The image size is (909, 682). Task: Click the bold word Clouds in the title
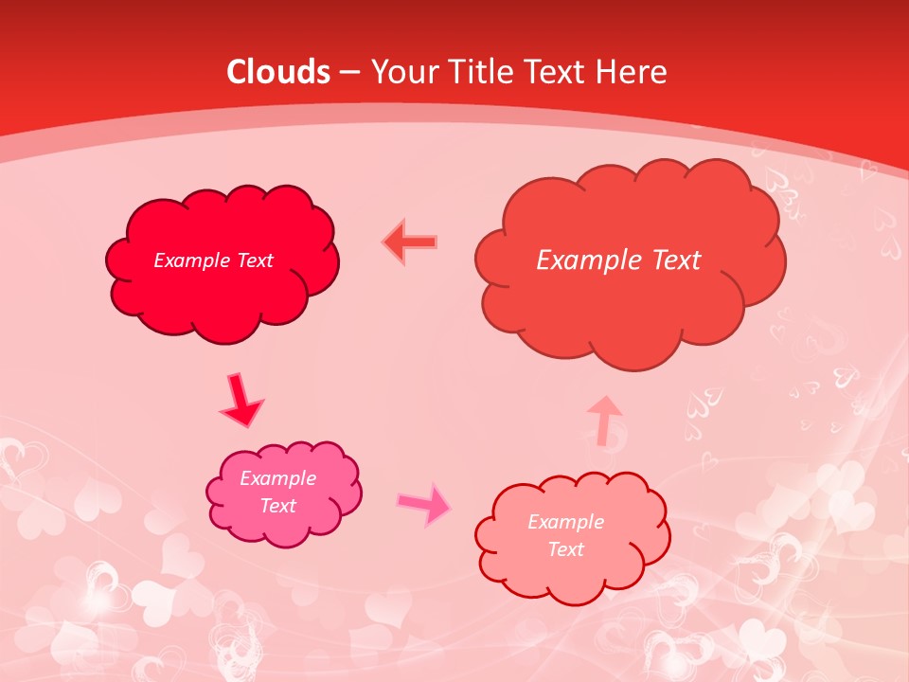pos(278,72)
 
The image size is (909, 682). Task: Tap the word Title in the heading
pos(485,72)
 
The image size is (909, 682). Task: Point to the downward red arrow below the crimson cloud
pos(241,401)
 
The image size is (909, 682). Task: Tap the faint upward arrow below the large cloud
pos(604,420)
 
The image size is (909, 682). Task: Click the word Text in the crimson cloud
pos(255,260)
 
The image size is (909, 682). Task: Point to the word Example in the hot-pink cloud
pos(277,478)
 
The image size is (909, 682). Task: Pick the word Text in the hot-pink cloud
pos(278,506)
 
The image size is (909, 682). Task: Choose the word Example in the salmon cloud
pos(565,522)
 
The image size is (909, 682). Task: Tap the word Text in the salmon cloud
pos(566,549)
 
